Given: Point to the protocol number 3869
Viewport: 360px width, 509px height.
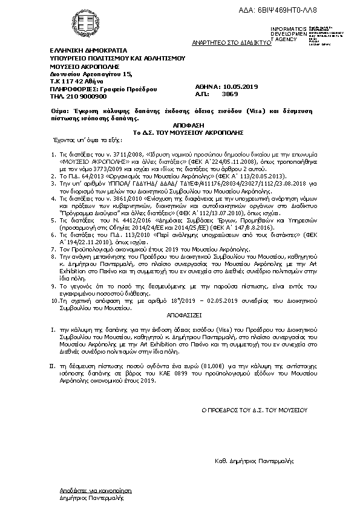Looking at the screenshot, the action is click(231, 95).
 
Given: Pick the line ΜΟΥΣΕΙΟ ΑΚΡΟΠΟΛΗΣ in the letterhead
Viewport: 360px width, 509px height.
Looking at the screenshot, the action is click(85, 66).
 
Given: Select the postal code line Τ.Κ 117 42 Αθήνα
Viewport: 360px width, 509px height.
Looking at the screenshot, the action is click(77, 80).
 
